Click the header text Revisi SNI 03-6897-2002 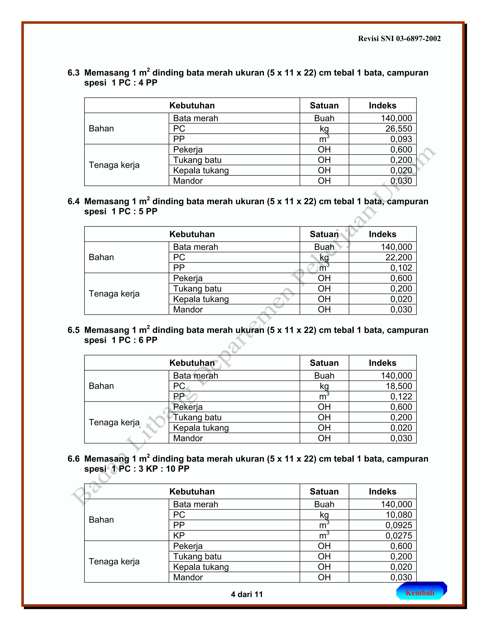[x=399, y=39]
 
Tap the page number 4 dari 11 [x=247, y=594]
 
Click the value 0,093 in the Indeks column [x=401, y=139]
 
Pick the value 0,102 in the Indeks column [x=401, y=268]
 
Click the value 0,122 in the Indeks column [x=401, y=396]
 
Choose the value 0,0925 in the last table [x=398, y=525]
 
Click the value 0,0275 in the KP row [x=398, y=535]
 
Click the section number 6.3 [x=73, y=73]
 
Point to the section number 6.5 [x=73, y=330]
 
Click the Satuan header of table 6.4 [x=324, y=234]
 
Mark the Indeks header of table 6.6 [x=382, y=491]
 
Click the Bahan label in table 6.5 [x=101, y=386]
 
